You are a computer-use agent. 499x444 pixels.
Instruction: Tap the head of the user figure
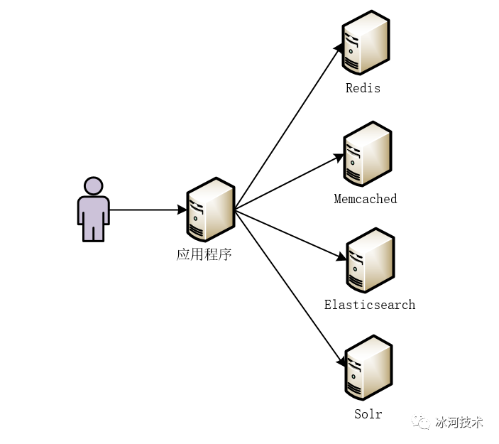click(x=93, y=186)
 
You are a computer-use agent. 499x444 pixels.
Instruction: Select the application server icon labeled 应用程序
click(x=209, y=210)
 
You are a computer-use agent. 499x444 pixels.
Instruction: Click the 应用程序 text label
click(x=204, y=254)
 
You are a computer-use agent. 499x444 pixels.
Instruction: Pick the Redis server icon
click(x=365, y=43)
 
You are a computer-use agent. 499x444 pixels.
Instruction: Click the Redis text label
click(x=363, y=88)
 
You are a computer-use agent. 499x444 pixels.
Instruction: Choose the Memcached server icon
click(x=366, y=153)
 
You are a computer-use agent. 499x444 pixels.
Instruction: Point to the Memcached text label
click(x=365, y=199)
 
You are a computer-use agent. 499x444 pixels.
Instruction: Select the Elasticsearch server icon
click(x=369, y=260)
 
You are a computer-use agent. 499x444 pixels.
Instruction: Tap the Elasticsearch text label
click(x=369, y=305)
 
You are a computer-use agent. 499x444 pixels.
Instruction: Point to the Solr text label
click(x=368, y=414)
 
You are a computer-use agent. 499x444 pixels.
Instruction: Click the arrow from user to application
click(x=146, y=210)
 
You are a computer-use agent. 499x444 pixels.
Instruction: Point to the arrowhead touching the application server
click(x=182, y=210)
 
